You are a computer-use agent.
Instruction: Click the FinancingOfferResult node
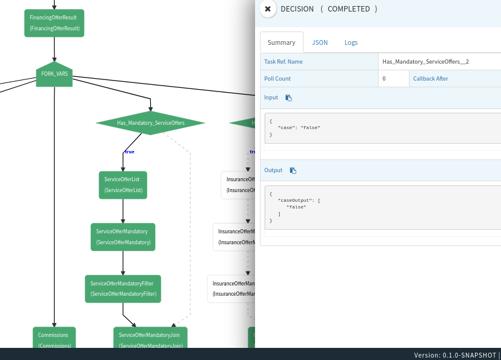pos(54,23)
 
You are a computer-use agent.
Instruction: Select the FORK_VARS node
pos(54,74)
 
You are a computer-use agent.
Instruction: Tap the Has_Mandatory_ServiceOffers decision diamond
pos(150,123)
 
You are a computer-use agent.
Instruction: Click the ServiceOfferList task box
pos(123,185)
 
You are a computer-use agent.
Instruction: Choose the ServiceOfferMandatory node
pos(123,237)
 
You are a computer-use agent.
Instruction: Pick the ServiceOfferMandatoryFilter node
pos(123,288)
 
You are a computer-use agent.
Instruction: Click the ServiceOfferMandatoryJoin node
pos(150,338)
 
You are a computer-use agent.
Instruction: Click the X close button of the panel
pos(268,9)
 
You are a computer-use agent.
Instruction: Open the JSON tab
pos(320,42)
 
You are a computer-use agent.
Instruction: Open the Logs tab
pos(351,42)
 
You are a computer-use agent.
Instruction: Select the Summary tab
pos(281,42)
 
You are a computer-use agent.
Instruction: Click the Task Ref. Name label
pos(284,62)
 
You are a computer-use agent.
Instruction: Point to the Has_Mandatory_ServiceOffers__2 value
pos(425,62)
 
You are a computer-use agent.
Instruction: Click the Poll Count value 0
pos(384,79)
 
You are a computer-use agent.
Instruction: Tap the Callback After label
pos(431,79)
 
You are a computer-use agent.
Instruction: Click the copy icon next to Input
pos(289,98)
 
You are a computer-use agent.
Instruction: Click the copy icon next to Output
pos(293,170)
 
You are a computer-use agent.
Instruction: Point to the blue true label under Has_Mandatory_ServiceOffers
pos(129,152)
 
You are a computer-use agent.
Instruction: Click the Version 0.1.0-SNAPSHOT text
pos(455,355)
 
